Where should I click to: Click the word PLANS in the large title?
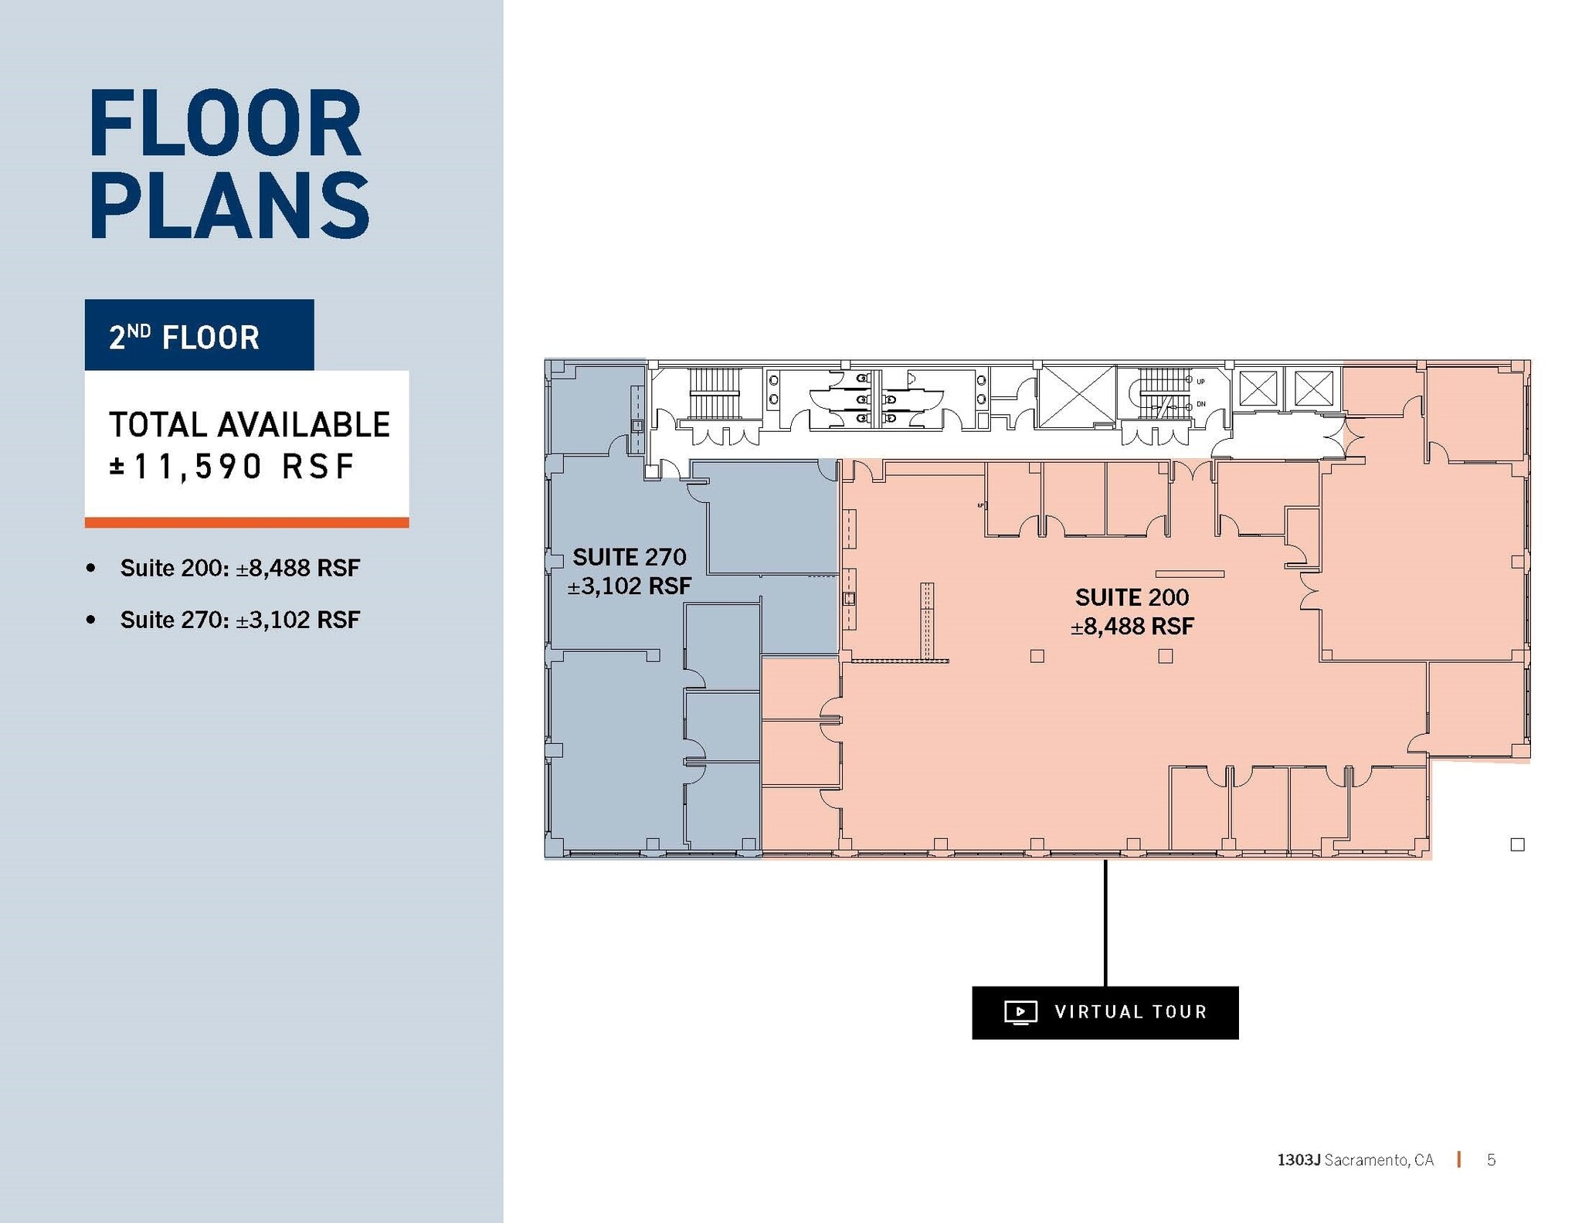[x=229, y=205]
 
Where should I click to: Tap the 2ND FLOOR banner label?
[x=184, y=338]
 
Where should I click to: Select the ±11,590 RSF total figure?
[x=232, y=467]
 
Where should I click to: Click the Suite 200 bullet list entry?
[x=239, y=569]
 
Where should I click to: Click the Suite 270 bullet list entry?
[x=239, y=620]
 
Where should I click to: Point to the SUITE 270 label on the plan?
[x=629, y=557]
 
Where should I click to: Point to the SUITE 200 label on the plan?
[x=1132, y=597]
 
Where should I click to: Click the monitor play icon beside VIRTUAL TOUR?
[x=1020, y=1012]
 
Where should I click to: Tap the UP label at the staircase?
[x=1200, y=382]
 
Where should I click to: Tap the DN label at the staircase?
[x=1200, y=404]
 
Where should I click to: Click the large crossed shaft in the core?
[x=1077, y=396]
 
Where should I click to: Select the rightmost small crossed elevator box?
[x=1313, y=389]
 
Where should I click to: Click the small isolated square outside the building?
[x=1517, y=844]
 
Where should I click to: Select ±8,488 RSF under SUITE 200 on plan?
[x=1132, y=627]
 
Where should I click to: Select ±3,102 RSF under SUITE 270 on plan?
[x=629, y=586]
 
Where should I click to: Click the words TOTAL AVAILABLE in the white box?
[x=249, y=425]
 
